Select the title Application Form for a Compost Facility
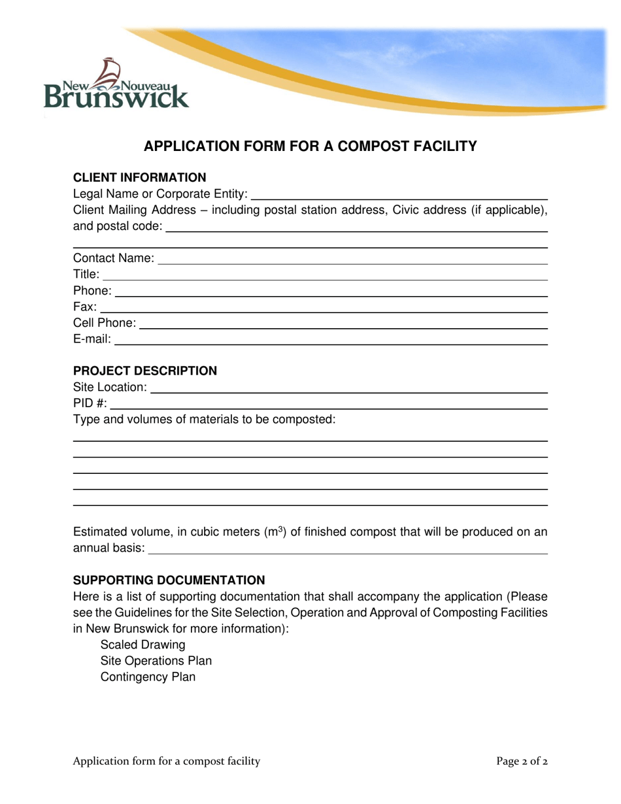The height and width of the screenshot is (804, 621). [310, 146]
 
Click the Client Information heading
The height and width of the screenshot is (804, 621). [139, 178]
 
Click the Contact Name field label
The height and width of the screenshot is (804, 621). [114, 258]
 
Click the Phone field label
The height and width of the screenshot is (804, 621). [92, 291]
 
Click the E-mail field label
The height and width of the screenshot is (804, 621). [92, 339]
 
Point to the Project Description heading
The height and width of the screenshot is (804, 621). [144, 371]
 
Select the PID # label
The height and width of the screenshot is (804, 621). [90, 403]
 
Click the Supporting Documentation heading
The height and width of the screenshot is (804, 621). [169, 580]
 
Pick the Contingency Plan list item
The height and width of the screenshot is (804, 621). [148, 677]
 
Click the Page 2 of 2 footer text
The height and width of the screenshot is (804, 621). [522, 761]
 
